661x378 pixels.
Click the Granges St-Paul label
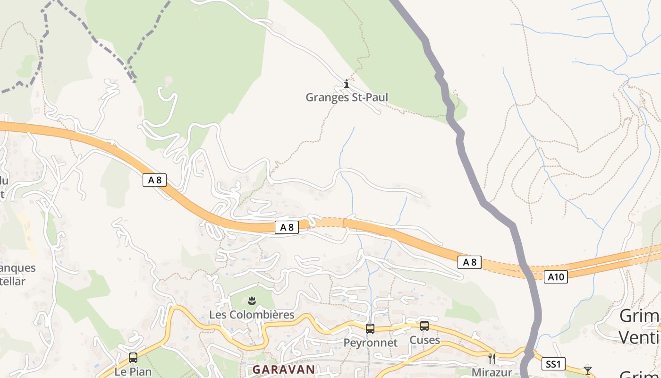point(347,98)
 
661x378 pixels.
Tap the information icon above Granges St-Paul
point(347,84)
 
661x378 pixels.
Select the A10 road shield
point(555,277)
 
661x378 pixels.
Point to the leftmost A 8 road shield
point(154,180)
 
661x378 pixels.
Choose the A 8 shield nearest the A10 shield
point(469,262)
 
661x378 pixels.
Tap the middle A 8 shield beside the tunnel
point(287,227)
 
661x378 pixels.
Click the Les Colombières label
point(252,315)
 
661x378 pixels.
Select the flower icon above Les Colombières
point(252,301)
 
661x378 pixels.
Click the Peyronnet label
point(370,343)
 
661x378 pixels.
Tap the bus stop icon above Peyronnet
point(370,328)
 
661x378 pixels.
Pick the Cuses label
point(424,340)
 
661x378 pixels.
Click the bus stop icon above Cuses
point(424,326)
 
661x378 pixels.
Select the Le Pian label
point(133,371)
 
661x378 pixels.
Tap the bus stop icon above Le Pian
point(133,358)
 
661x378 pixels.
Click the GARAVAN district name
point(283,369)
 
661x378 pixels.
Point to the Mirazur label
point(492,372)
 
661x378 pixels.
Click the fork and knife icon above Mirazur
point(492,359)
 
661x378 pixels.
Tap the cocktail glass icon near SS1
point(587,370)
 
